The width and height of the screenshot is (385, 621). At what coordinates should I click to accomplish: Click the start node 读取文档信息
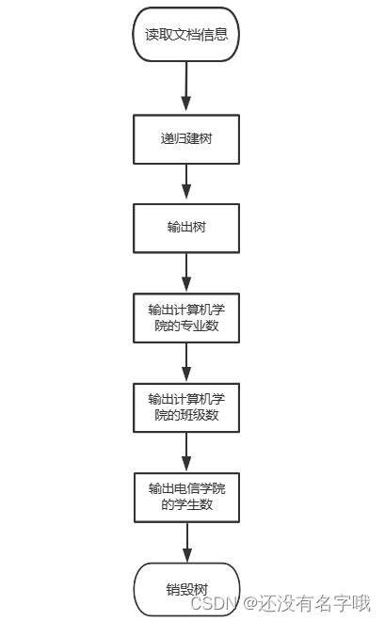click(186, 36)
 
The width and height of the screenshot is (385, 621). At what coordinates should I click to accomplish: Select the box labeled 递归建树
click(186, 138)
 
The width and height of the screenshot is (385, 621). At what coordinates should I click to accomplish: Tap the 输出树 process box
click(186, 229)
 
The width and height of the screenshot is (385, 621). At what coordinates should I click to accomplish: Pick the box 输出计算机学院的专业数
click(186, 319)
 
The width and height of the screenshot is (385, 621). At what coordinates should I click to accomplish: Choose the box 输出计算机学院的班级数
click(186, 406)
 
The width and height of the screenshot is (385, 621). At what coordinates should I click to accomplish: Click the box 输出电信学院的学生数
click(186, 496)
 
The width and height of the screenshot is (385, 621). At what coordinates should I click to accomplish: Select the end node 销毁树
click(186, 588)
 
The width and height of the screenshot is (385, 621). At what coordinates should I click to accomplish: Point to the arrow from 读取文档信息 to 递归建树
click(186, 87)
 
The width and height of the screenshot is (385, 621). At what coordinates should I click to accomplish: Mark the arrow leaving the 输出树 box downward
click(186, 274)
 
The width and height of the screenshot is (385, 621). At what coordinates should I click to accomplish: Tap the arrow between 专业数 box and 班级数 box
click(186, 362)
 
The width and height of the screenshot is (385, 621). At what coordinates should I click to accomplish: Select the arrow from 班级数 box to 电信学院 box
click(186, 451)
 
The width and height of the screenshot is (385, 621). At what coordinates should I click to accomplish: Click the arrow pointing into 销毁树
click(186, 542)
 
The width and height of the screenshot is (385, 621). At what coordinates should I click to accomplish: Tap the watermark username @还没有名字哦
click(307, 604)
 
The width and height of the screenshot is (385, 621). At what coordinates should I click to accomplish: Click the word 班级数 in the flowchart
click(209, 415)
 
